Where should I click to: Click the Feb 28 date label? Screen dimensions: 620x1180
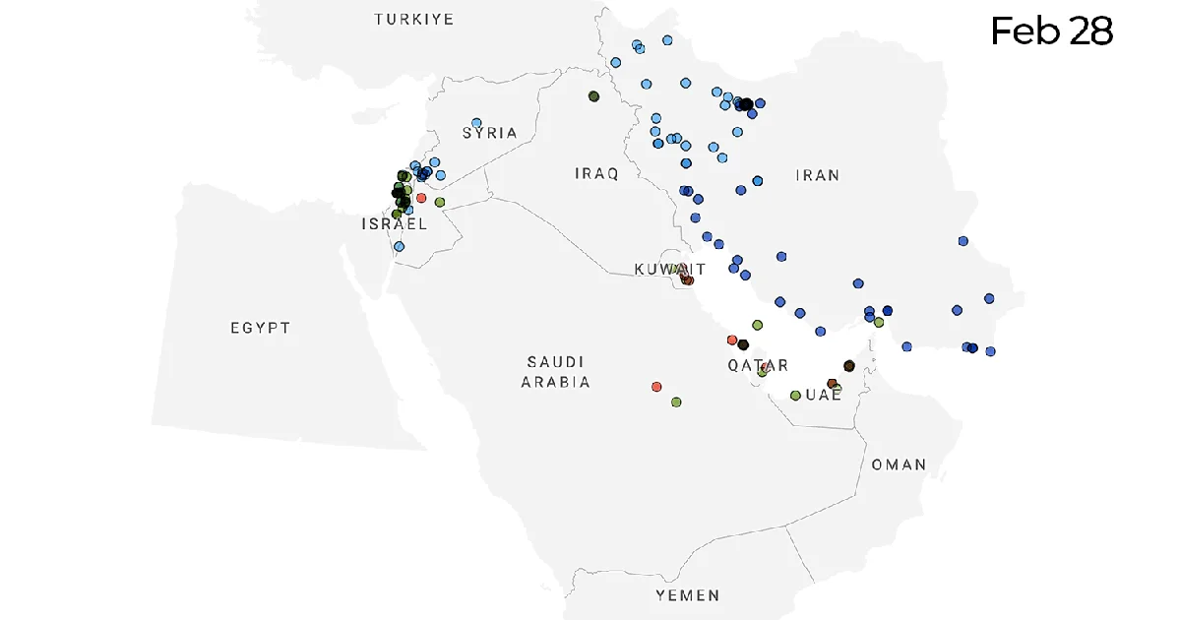[x=1051, y=31]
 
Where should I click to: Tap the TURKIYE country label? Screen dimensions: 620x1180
[x=413, y=20]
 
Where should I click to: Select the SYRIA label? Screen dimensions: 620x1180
[x=489, y=133]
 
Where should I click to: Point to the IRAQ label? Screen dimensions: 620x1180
[x=596, y=174]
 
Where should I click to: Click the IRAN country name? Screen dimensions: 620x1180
[x=817, y=175]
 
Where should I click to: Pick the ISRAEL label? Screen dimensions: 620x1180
[x=394, y=224]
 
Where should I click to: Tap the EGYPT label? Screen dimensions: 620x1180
[x=261, y=328]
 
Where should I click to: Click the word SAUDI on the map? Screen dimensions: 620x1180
[x=555, y=362]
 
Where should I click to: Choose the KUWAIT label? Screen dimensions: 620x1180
[x=669, y=269]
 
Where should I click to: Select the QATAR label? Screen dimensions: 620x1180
[x=757, y=365]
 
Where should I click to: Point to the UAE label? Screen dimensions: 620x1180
[x=824, y=395]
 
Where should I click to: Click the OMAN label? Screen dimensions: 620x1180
[x=898, y=464]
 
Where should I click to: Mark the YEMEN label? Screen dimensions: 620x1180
[x=687, y=595]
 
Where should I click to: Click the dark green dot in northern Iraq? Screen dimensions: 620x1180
[x=593, y=96]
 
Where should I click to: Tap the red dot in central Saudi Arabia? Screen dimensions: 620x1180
[x=656, y=387]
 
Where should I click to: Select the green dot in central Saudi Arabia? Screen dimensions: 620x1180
[x=676, y=402]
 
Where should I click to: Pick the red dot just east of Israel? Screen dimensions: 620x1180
[x=421, y=198]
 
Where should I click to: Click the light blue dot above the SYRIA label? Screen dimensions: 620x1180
[x=476, y=123]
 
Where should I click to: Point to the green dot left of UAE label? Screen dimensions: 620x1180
[x=795, y=396]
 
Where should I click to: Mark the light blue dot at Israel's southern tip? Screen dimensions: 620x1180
[x=399, y=246]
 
